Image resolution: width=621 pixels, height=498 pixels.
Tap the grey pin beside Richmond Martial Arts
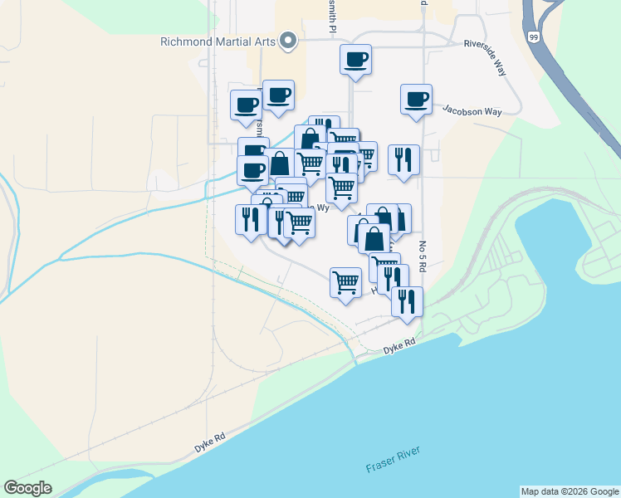288,41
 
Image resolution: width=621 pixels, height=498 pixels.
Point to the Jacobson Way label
472,110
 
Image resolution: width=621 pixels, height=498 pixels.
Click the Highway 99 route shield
531,37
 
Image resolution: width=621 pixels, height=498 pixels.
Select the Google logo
28,488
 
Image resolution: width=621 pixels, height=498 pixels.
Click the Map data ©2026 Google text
569,491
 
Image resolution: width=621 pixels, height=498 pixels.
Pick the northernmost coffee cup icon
355,59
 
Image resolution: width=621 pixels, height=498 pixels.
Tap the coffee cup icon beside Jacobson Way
416,99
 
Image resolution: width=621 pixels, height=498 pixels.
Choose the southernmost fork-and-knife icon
407,300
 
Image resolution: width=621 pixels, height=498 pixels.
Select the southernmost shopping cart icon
345,282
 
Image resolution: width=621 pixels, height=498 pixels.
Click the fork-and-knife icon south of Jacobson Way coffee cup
403,159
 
